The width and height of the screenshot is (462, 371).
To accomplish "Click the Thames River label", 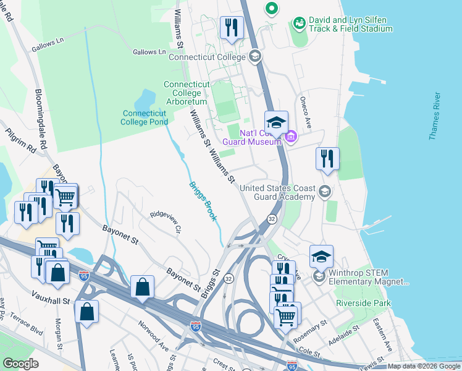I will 435,116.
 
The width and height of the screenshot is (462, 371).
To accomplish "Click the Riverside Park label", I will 364,303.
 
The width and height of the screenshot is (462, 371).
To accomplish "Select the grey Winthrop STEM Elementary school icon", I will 319,276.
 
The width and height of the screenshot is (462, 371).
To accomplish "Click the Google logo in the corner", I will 20,363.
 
